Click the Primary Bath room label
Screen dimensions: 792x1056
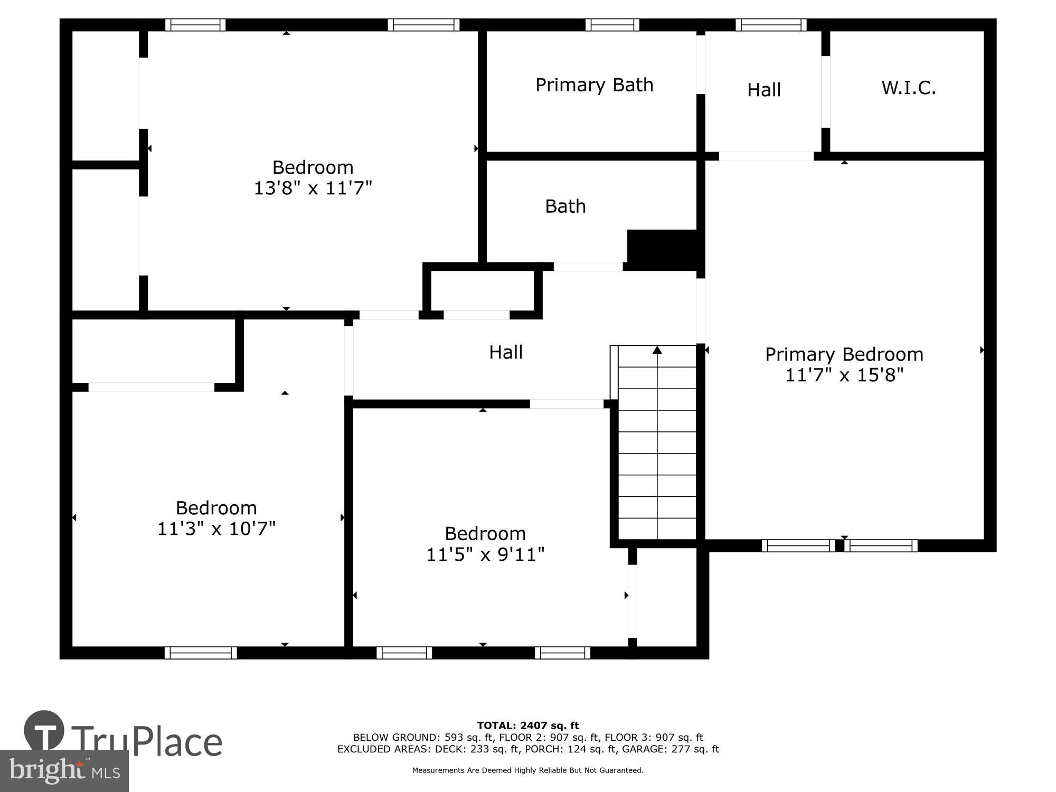594,85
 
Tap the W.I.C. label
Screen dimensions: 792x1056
908,88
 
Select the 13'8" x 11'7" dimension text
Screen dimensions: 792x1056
313,188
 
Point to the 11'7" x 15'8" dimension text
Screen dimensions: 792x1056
844,375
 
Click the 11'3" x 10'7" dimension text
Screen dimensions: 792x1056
216,528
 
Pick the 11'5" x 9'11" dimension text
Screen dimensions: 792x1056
485,554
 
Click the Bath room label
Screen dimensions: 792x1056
565,206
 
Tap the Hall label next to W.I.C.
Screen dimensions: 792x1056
763,90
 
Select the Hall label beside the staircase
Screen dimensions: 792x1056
505,352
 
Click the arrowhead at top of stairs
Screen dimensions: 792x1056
657,350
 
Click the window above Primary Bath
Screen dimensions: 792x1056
612,25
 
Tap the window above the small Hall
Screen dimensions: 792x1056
771,25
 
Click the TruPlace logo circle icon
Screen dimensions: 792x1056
44,731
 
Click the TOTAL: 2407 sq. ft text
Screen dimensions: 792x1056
528,725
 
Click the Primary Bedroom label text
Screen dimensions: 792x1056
844,354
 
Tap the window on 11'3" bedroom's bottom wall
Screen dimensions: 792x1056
201,653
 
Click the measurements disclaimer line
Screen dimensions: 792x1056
528,770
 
